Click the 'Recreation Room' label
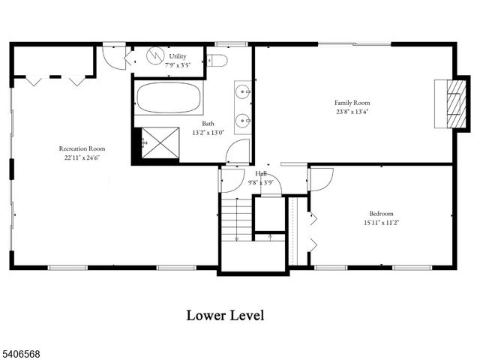pos(82,148)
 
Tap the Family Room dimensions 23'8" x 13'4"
pos(352,112)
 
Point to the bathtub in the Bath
pos(169,97)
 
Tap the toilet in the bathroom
pos(217,60)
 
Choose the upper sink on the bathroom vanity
pos(243,92)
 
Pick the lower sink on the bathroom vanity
pos(243,120)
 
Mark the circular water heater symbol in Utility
pos(155,56)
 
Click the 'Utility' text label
pos(178,55)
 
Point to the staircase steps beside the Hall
pos(237,218)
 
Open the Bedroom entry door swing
pos(319,178)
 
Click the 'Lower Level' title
pos(225,315)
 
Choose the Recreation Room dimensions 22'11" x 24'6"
pos(82,158)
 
